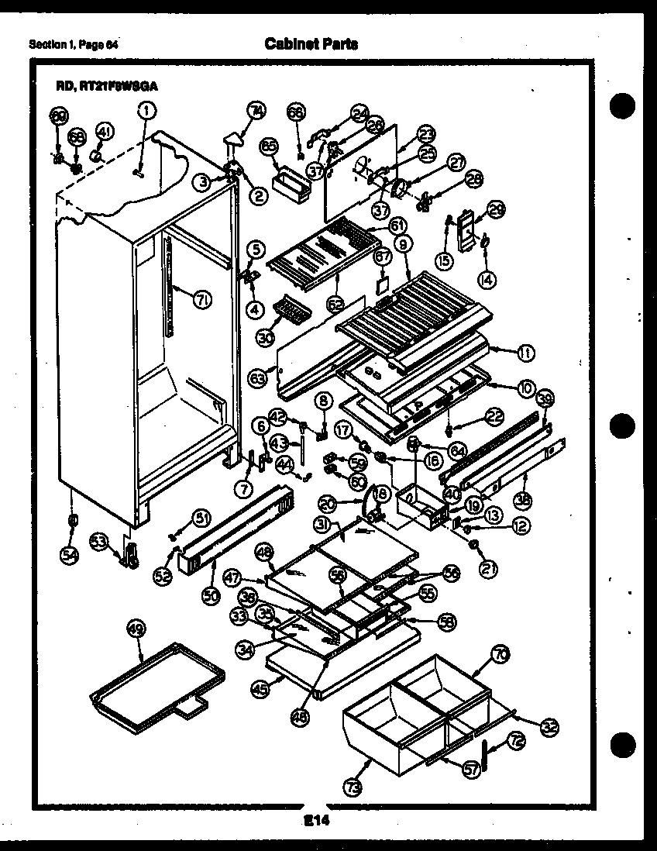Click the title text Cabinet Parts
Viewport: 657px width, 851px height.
click(311, 44)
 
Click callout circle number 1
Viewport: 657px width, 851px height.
click(146, 111)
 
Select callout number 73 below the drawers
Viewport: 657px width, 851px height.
click(353, 787)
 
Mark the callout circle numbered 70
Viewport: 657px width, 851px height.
click(500, 655)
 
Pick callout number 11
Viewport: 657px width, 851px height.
click(525, 353)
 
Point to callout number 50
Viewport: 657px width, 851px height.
click(211, 596)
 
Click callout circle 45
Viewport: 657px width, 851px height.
click(259, 687)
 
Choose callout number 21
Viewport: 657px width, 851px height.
click(487, 570)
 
